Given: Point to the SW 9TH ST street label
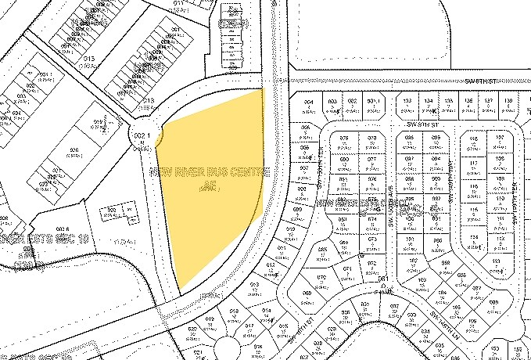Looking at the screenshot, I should tap(424, 123).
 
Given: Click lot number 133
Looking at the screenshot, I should tap(407, 103).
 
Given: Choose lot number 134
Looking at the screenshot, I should tap(428, 103).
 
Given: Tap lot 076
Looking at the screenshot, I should tap(344, 139).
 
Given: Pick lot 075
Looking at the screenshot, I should tap(371, 139).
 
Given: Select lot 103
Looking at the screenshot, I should tap(422, 279).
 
